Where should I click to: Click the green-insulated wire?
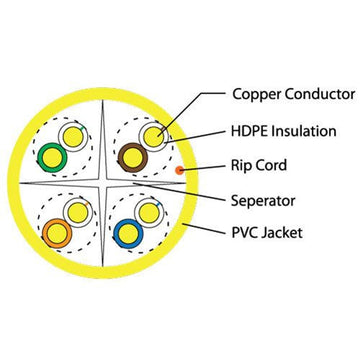[48, 155]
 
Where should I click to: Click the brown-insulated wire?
[131, 155]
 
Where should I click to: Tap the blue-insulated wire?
[128, 233]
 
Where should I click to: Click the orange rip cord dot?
[180, 170]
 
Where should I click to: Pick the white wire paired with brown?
[151, 135]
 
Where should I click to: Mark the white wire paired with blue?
[149, 212]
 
